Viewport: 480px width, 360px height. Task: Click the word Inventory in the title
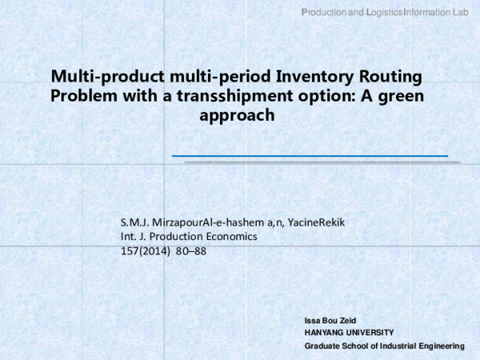(310, 78)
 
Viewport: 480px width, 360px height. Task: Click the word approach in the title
(236, 114)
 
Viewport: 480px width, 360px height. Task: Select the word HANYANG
(324, 332)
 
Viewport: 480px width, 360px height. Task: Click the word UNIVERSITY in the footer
(369, 332)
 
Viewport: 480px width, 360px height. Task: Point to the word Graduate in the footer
(325, 346)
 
